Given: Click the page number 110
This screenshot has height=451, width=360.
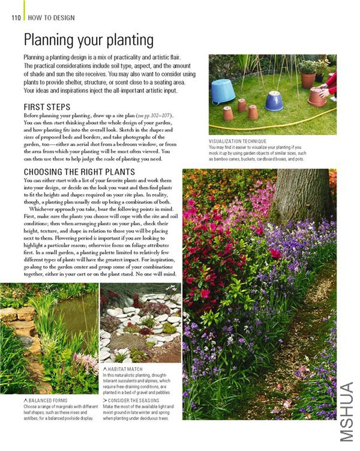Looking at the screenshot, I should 16,18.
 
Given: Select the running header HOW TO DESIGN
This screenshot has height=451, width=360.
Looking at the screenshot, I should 52,18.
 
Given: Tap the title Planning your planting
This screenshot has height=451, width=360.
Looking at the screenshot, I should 88,40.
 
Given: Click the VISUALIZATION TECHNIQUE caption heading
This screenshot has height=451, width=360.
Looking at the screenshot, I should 238,141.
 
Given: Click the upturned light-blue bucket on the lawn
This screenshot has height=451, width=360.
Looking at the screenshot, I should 223,91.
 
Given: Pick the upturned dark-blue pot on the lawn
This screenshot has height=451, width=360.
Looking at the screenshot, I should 274,100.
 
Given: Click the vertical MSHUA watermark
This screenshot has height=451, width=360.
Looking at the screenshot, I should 348,411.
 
